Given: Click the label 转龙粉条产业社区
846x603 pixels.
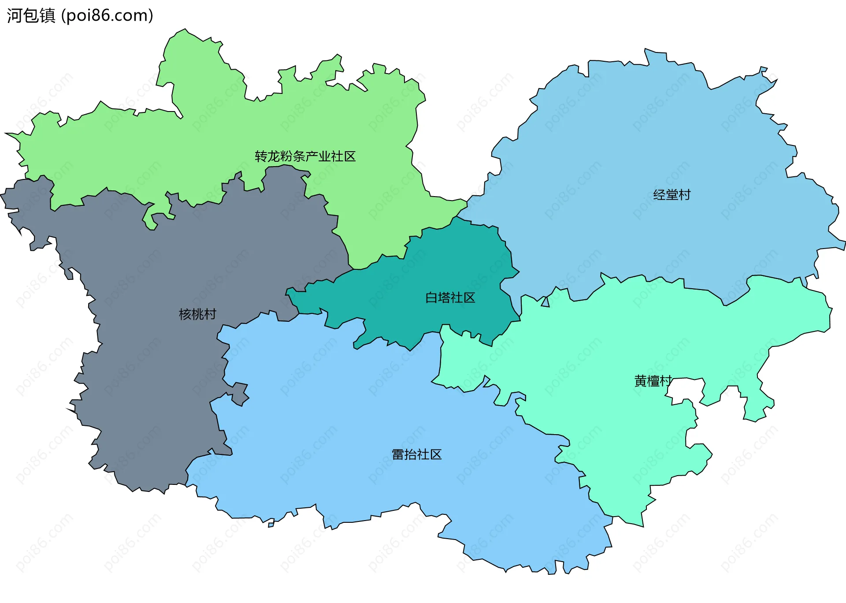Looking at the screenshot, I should pos(305,156).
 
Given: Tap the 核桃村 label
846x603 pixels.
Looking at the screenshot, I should pos(197,314).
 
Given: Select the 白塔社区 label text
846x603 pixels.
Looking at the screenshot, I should pos(450,298).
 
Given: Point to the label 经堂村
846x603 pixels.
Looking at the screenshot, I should pos(672,195).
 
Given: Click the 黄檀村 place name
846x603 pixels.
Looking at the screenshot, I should pos(653,381).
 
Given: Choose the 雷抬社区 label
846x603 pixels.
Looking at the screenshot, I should pos(416,454).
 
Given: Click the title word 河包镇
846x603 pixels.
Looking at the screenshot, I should pos(31,16).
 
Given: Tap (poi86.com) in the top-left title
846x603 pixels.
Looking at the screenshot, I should pos(108,16).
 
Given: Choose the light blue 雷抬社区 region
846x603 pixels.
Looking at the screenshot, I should pos(352,419).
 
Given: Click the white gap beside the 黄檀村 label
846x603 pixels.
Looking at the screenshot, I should pos(685,390).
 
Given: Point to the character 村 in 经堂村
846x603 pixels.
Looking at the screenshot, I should pos(684,195).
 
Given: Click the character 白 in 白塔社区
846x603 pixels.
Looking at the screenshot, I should pos(431,298).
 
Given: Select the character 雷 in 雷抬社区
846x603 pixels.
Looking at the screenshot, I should pos(398,454).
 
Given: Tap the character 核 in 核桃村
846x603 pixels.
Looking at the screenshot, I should pos(185,314).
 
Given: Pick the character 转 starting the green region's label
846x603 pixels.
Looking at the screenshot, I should pos(261,156).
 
